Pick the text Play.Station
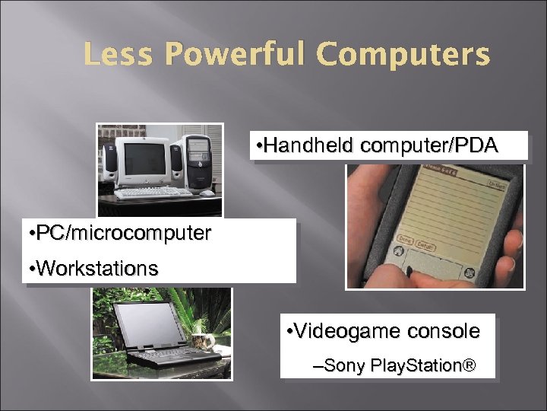[418, 367]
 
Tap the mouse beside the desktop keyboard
[207, 193]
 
